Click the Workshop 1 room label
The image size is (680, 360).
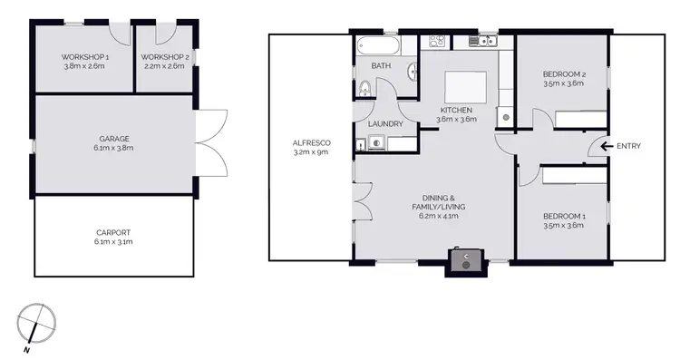click(x=84, y=55)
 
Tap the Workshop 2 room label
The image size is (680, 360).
click(x=165, y=55)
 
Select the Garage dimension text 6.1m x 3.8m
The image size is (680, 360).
click(x=114, y=148)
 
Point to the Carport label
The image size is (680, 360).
click(x=113, y=232)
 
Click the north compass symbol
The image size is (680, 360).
click(x=36, y=323)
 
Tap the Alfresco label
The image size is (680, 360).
click(x=310, y=143)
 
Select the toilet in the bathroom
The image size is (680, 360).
click(x=364, y=88)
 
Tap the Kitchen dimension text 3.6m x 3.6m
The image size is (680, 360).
click(x=456, y=119)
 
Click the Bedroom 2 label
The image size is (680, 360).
click(x=562, y=73)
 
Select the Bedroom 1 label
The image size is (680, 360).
click(x=563, y=215)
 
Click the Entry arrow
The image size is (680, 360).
click(x=599, y=146)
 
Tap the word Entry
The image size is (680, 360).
click(x=628, y=146)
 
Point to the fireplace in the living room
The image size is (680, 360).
click(x=466, y=260)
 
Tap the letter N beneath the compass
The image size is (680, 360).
click(x=27, y=349)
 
